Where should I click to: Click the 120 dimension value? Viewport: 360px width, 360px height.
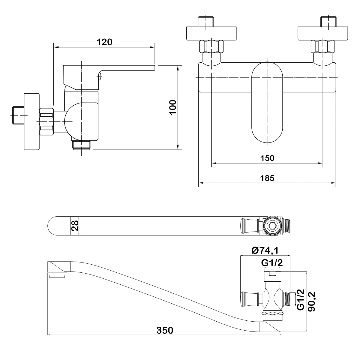tap(104, 42)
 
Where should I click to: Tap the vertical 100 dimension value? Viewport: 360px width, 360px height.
tap(173, 108)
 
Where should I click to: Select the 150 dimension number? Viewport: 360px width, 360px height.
tap(267, 158)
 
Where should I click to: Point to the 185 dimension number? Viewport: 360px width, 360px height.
tap(267, 178)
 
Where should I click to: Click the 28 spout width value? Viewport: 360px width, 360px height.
tap(75, 226)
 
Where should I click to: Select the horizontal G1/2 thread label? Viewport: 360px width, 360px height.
tap(272, 263)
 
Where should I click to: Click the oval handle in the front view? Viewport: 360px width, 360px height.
tap(267, 104)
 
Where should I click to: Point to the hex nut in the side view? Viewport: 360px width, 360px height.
tap(47, 121)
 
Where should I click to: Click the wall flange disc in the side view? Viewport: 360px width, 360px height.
tap(32, 121)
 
